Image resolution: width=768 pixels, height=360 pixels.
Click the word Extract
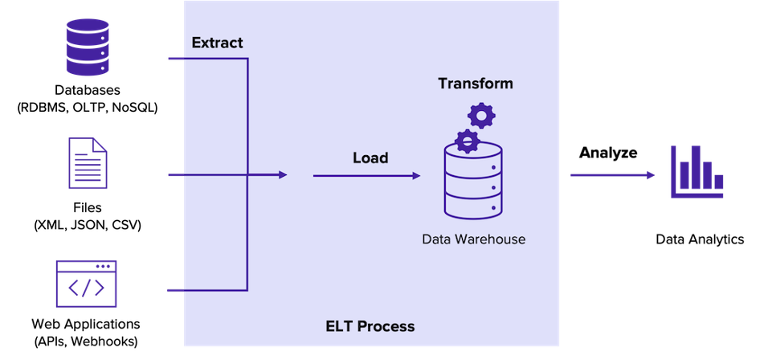217,43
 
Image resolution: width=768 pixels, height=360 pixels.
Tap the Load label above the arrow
370,157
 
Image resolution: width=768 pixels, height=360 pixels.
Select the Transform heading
475,84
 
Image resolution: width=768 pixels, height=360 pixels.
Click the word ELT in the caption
340,326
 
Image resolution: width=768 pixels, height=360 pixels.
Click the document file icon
88,162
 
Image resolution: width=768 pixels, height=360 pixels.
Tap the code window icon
86,284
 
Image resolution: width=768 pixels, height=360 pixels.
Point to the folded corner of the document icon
100,143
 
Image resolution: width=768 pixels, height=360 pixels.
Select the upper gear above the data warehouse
481,116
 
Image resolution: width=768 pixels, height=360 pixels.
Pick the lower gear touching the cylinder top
467,141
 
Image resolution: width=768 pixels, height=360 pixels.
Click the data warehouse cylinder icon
473,183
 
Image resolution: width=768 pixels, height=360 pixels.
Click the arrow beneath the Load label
366,175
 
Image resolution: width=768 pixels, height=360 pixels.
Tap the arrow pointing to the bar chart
613,174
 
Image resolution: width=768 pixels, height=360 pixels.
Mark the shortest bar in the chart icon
719,182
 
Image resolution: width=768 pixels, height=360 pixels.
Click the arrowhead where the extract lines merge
282,174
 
